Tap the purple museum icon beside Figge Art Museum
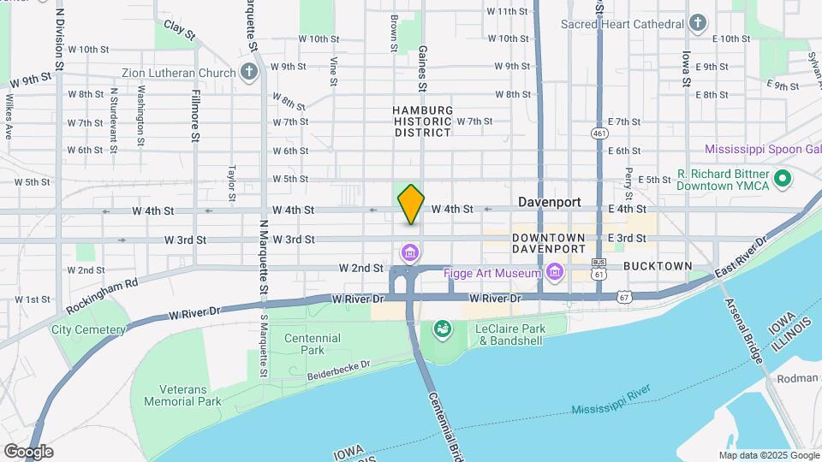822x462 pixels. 556,273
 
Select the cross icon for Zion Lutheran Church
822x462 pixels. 248,72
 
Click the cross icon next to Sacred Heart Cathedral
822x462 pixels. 699,23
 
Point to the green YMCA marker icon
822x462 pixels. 782,179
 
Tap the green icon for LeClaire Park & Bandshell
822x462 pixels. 442,329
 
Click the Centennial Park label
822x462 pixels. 313,344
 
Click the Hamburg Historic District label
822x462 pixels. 422,121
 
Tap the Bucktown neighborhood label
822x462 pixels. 658,266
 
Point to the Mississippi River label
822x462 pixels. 611,402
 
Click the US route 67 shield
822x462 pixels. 623,296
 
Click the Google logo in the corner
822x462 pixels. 28,451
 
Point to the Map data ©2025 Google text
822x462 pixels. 768,455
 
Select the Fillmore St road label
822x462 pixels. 196,115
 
